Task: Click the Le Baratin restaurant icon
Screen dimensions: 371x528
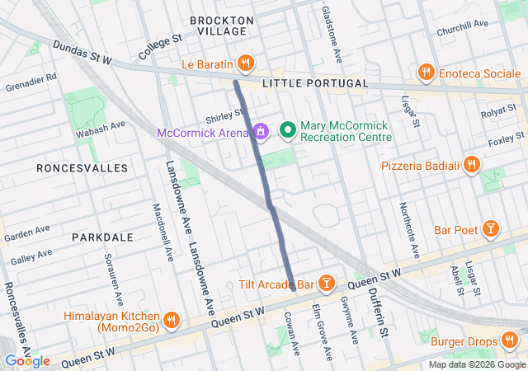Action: click(x=245, y=63)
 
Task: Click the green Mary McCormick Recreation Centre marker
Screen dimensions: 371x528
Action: click(x=288, y=129)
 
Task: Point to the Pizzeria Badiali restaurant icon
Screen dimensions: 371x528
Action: click(x=472, y=165)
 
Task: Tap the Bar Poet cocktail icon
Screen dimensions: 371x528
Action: click(x=491, y=228)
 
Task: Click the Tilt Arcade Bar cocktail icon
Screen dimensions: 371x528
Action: click(x=327, y=284)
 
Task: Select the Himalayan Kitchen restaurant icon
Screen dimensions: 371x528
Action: click(x=171, y=321)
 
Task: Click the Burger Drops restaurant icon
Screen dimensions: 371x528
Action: click(x=509, y=340)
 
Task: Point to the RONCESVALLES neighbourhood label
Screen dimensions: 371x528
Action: click(x=82, y=168)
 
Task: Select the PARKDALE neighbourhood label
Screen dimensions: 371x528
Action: click(x=102, y=237)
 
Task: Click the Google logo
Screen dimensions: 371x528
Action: click(x=27, y=360)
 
